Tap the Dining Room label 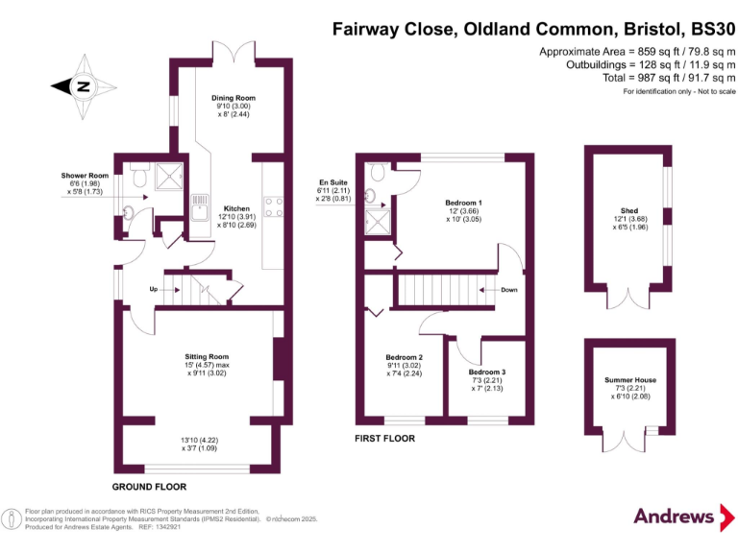coord(233,98)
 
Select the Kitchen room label coord(237,208)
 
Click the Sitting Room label coord(206,356)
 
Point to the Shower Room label coord(85,176)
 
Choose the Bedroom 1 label coord(463,203)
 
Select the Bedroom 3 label coord(487,373)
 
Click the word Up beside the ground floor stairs coord(153,288)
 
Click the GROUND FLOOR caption coord(149,487)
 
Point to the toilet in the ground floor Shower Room coord(137,176)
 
